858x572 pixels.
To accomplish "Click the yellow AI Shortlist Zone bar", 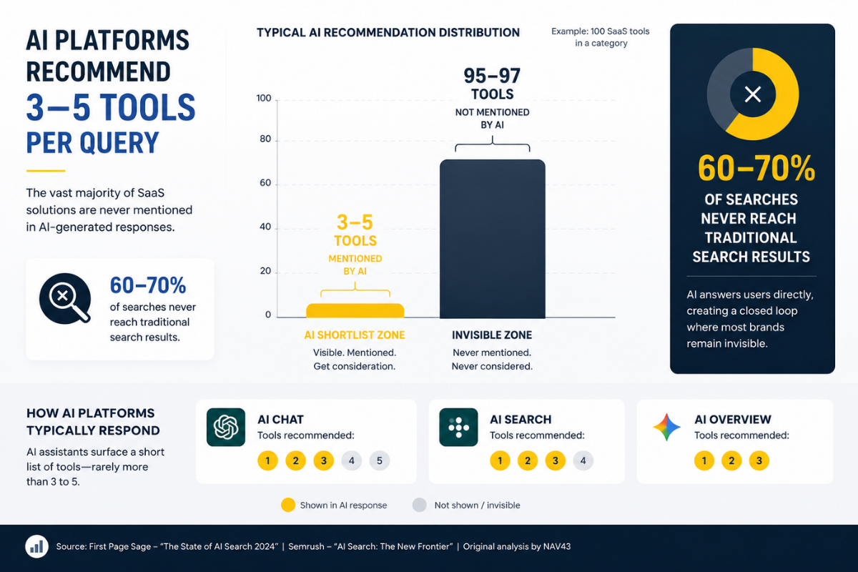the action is (355, 311).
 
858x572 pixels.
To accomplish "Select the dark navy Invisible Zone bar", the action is (492, 239).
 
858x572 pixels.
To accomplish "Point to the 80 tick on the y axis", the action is (265, 139).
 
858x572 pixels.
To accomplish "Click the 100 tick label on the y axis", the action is (264, 99).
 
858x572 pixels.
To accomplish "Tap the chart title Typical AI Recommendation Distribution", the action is (388, 33).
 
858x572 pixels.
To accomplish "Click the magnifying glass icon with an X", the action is (65, 298).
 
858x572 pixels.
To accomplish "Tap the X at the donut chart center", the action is (753, 94).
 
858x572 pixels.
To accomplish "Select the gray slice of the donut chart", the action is (720, 88).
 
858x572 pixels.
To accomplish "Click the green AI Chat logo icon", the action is (226, 427).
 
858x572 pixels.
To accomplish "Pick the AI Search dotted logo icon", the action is (458, 427).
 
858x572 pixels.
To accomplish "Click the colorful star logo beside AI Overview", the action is (666, 427).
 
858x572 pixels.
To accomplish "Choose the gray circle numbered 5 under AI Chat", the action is (380, 460).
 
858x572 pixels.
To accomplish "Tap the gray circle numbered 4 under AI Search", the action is (583, 460).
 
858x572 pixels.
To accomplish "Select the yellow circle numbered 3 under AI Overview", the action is (759, 460).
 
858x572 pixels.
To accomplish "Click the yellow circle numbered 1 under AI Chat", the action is (267, 460).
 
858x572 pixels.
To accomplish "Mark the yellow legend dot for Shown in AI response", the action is (288, 505).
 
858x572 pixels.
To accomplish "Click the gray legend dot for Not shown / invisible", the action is (420, 505).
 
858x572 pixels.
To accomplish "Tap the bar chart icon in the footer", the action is (36, 546).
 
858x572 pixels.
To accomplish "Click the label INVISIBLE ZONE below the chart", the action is (492, 335).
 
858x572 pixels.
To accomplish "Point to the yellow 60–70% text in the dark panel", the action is (756, 168).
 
